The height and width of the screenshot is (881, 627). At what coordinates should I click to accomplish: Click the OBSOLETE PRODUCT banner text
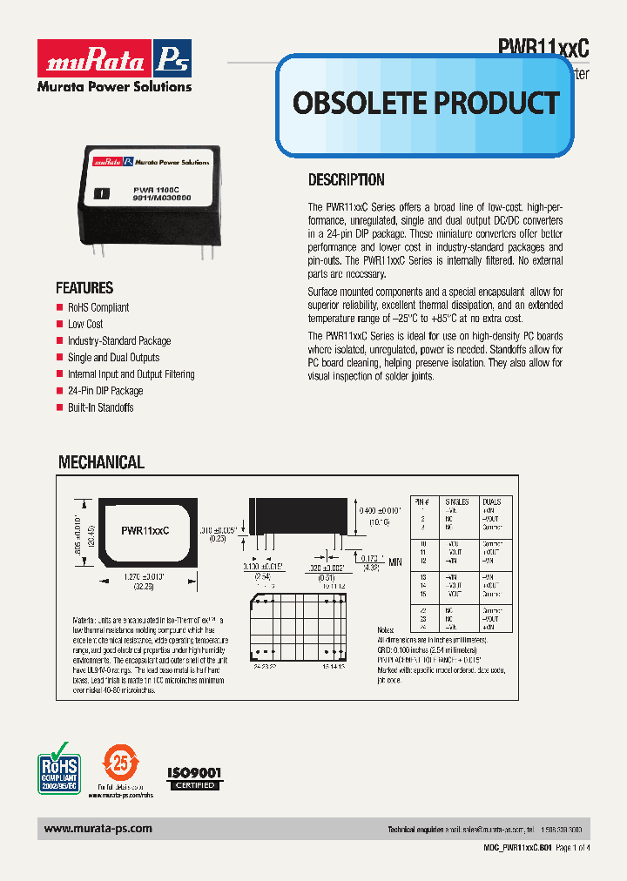pyautogui.click(x=425, y=103)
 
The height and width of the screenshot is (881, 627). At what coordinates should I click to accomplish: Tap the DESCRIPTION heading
pyautogui.click(x=347, y=180)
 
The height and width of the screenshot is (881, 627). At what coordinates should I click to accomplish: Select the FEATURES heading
pyautogui.click(x=84, y=288)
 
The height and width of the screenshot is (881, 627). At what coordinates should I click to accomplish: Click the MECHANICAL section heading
pyautogui.click(x=101, y=463)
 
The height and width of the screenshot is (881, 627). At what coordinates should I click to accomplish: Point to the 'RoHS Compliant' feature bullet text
pyautogui.click(x=98, y=307)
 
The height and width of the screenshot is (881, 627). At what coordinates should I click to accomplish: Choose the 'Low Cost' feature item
pyautogui.click(x=85, y=324)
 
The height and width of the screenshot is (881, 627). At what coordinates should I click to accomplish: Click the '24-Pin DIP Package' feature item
pyautogui.click(x=105, y=391)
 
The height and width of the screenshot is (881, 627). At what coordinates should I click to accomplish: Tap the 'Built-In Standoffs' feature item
pyautogui.click(x=100, y=407)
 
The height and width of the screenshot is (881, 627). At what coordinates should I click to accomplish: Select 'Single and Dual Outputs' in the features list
pyautogui.click(x=113, y=358)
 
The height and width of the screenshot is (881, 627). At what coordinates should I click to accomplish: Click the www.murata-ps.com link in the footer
pyautogui.click(x=98, y=830)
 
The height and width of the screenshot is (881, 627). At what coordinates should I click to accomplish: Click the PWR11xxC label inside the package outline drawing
pyautogui.click(x=145, y=529)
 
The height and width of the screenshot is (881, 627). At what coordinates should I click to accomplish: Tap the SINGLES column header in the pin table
pyautogui.click(x=456, y=502)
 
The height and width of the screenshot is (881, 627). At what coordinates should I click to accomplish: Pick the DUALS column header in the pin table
pyautogui.click(x=492, y=502)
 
